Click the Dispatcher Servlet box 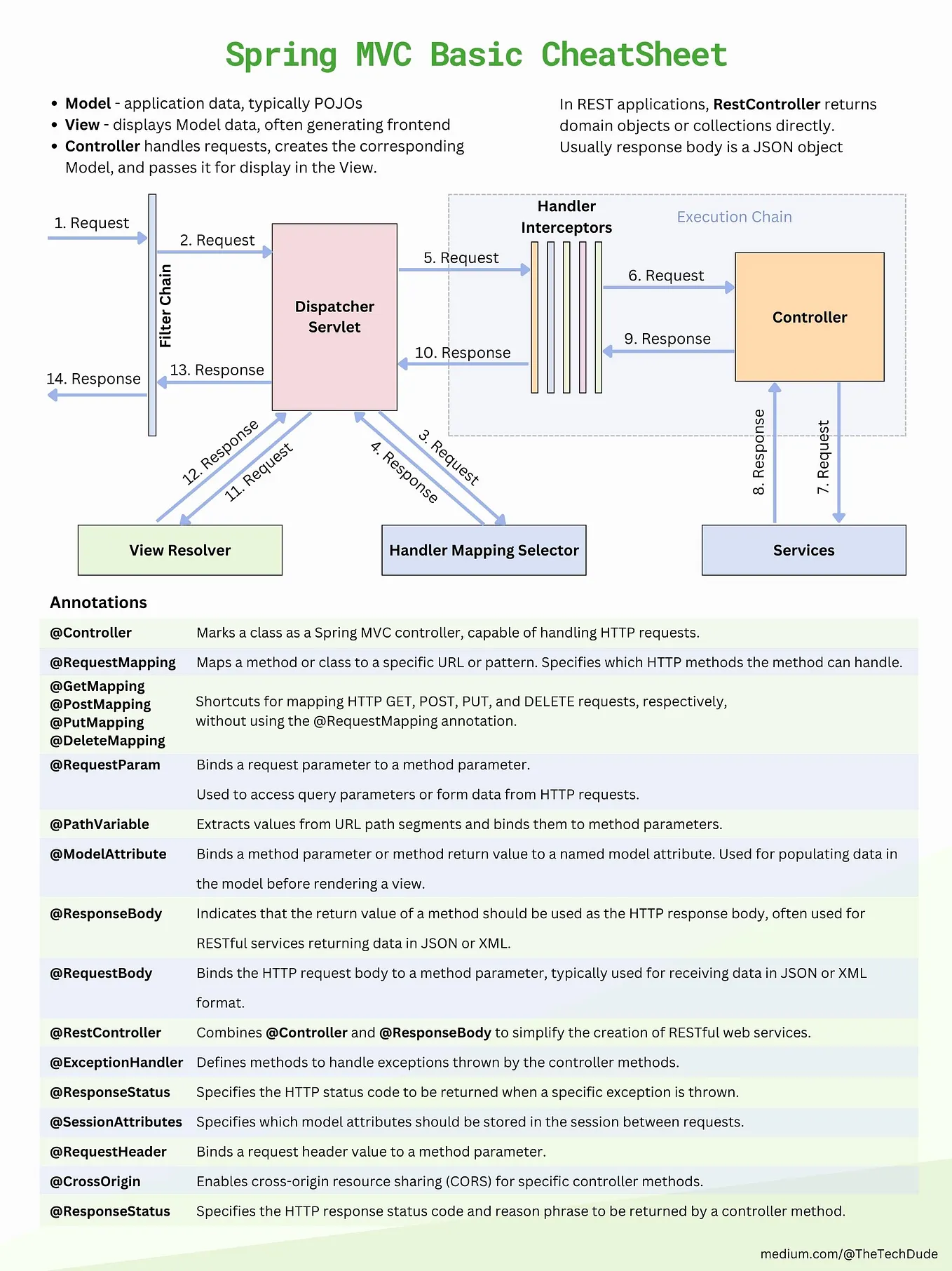[334, 317]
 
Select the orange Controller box [809, 317]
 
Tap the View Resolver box [179, 551]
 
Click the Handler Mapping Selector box [484, 551]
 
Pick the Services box [803, 551]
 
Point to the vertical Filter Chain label [165, 306]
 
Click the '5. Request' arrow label [461, 258]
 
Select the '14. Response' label [93, 379]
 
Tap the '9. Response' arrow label [667, 339]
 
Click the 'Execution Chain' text [734, 217]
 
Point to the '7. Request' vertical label [823, 457]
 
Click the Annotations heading [98, 603]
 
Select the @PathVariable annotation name [99, 824]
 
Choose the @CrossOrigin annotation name [95, 1181]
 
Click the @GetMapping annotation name [97, 686]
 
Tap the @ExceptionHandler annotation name [116, 1062]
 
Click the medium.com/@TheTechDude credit [848, 1253]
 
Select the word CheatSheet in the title [634, 55]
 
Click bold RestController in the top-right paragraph [766, 105]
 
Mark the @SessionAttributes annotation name [116, 1122]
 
